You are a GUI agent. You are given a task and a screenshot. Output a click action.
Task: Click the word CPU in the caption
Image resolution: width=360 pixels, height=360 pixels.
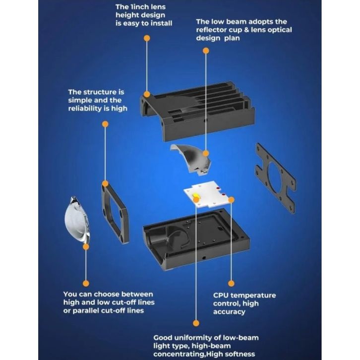(x=221, y=296)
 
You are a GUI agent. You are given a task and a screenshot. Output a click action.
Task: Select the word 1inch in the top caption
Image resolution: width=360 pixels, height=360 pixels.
(x=141, y=7)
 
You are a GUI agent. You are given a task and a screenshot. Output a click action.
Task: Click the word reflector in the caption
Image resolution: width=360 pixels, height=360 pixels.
(x=214, y=30)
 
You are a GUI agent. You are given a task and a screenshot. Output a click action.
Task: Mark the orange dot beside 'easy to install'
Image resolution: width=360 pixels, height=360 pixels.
(x=146, y=38)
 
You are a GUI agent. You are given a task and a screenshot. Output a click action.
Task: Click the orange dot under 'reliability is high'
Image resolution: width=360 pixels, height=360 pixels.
(x=105, y=124)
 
